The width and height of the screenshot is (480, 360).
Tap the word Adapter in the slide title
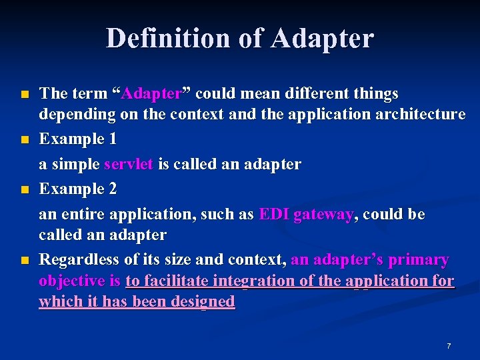(x=323, y=38)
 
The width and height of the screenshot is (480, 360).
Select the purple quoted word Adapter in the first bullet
(x=153, y=93)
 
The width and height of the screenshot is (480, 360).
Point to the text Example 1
(x=79, y=139)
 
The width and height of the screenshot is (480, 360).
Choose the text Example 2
(x=79, y=189)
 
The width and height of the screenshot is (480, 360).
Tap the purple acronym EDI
(x=273, y=214)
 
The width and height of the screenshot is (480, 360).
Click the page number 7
(x=449, y=346)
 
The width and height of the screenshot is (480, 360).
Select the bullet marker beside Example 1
(x=25, y=140)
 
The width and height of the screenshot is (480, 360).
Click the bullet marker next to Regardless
(x=25, y=260)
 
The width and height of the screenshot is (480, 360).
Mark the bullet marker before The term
(x=25, y=94)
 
